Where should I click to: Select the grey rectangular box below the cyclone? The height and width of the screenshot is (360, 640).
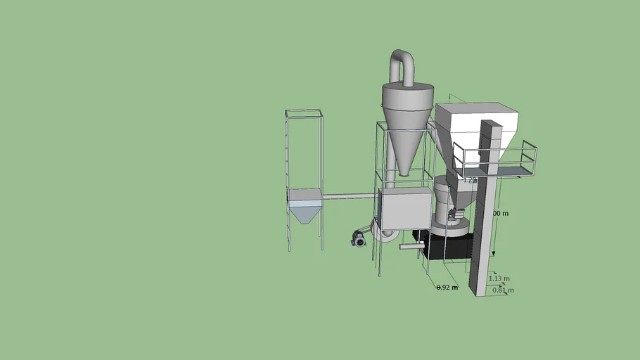coord(404,209)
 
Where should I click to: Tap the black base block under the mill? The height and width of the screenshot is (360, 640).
coord(447,247)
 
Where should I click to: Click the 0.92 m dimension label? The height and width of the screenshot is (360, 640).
coord(447,287)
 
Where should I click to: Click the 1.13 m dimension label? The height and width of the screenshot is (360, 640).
coord(499,278)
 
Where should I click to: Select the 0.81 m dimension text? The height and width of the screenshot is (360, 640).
coord(503,290)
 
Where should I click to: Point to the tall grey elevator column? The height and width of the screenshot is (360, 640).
coord(485,211)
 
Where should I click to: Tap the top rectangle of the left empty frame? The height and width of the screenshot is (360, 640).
coord(304,113)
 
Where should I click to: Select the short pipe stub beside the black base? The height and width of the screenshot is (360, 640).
coord(409,246)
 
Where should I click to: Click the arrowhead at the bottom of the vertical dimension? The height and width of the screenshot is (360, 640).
coord(493,253)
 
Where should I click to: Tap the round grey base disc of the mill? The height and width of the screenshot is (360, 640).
coord(450,226)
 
